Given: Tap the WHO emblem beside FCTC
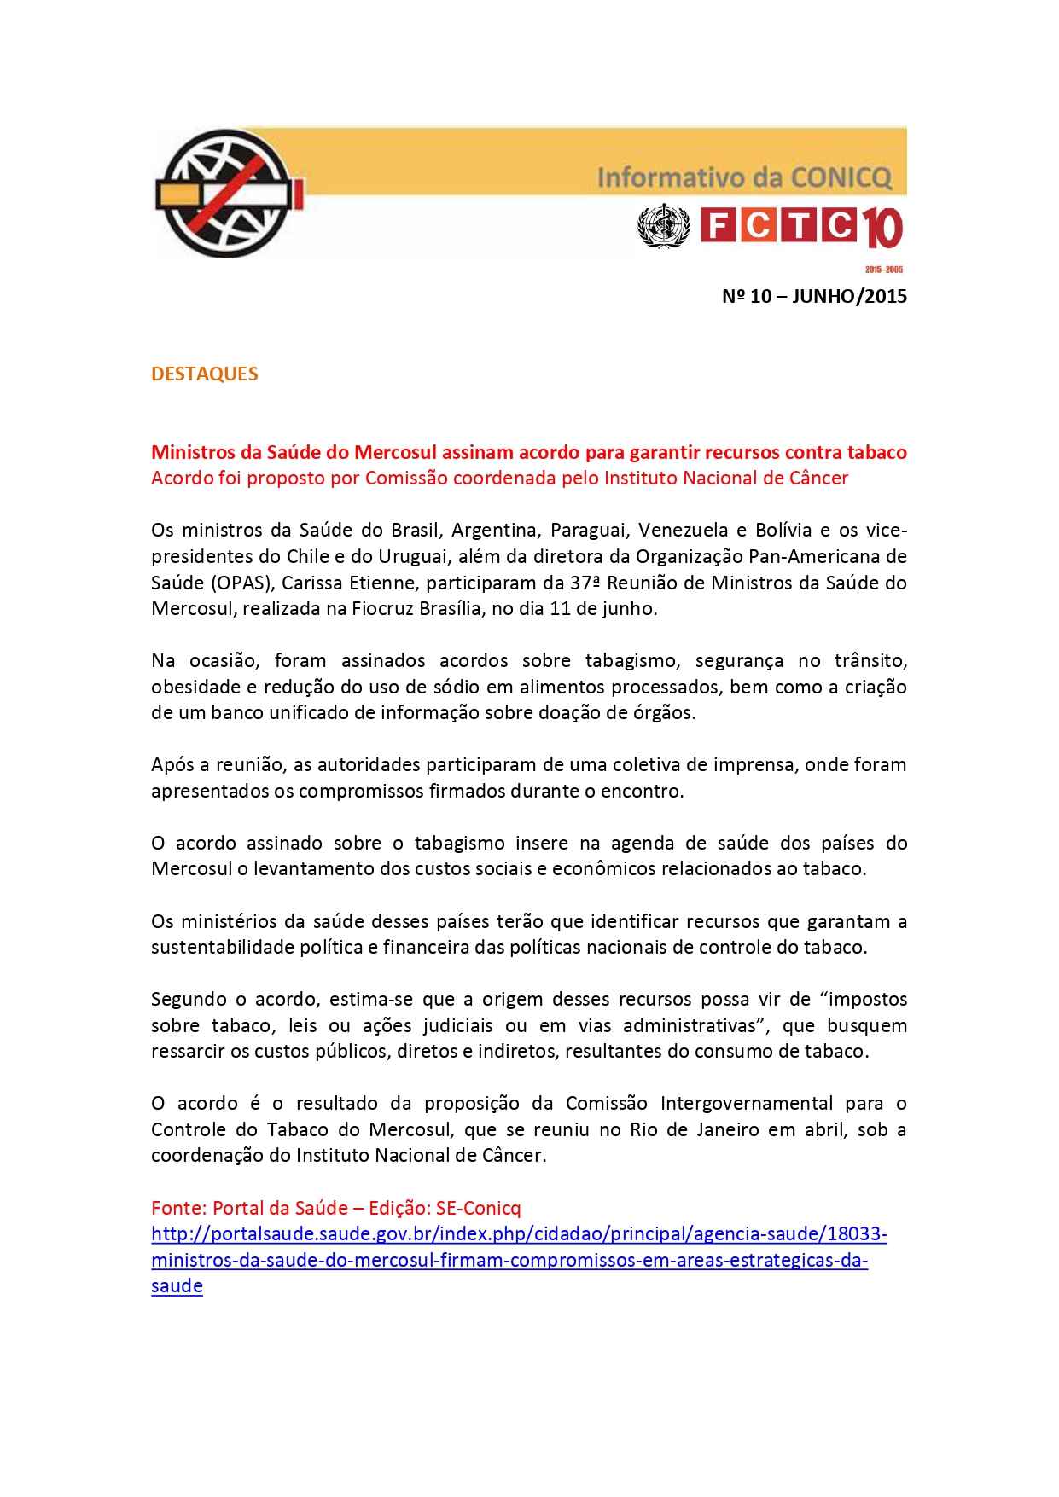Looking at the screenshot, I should [663, 226].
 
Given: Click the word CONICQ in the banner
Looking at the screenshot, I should [841, 177].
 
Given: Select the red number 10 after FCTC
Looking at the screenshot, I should [882, 229].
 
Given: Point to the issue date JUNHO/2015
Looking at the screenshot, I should [849, 296].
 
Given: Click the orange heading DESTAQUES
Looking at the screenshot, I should [204, 374].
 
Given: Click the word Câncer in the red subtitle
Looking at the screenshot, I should [817, 478].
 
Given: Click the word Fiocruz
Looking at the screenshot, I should [381, 608].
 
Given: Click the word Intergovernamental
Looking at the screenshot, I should [747, 1103].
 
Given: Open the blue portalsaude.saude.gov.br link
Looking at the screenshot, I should [519, 1234].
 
